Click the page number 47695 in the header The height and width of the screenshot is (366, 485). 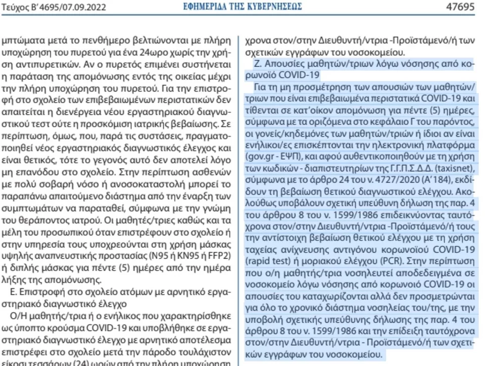461,7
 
